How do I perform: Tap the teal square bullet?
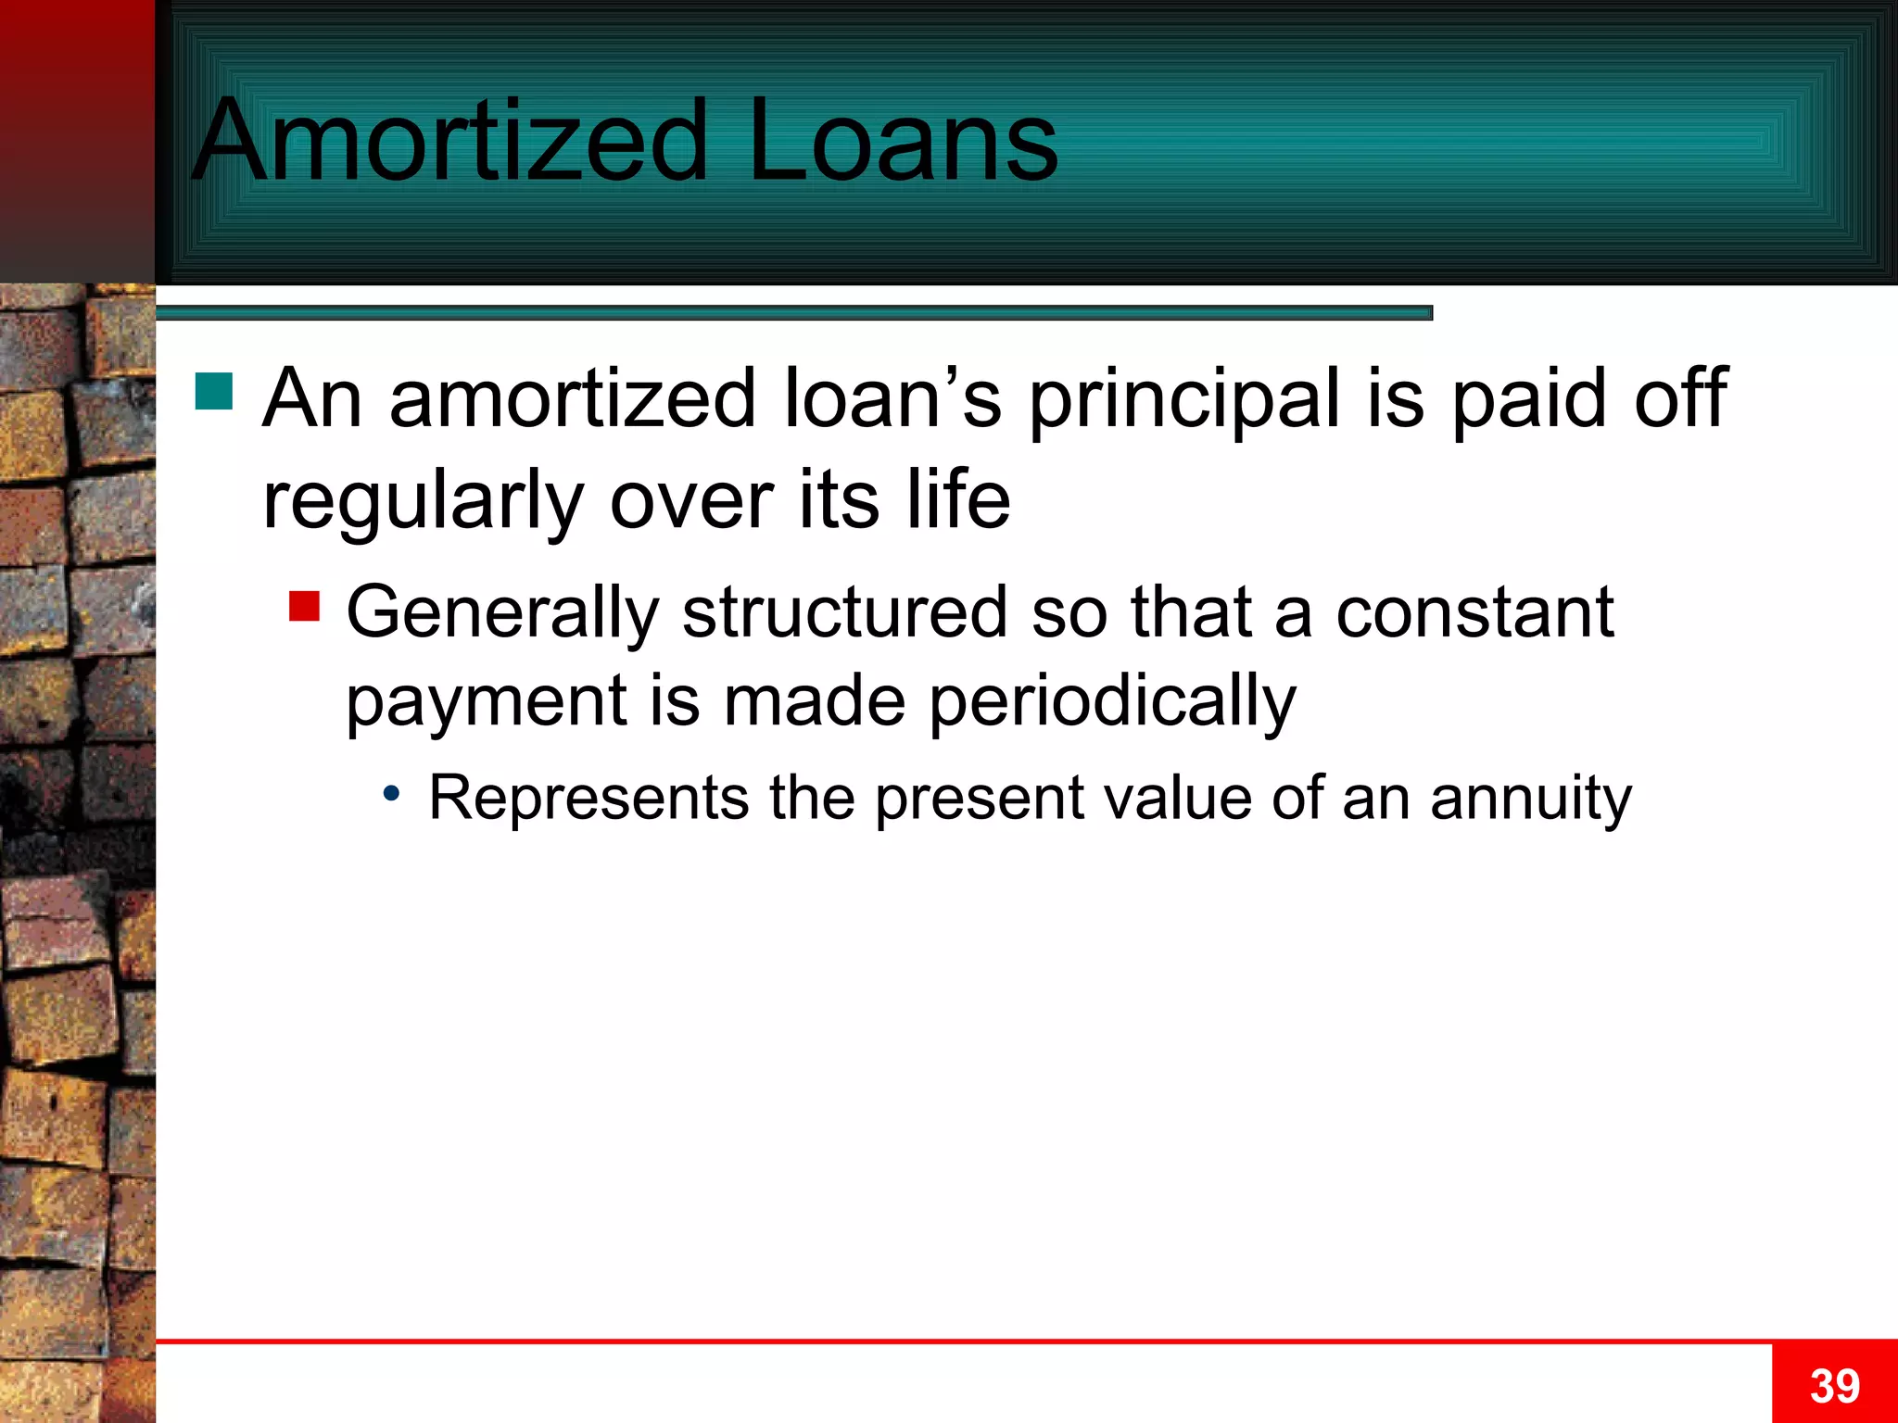pyautogui.click(x=214, y=391)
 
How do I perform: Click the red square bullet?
pyautogui.click(x=304, y=606)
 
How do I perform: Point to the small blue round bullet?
pyautogui.click(x=392, y=793)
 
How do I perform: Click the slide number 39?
pyautogui.click(x=1834, y=1386)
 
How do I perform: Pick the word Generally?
pyautogui.click(x=501, y=613)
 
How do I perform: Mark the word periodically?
pyautogui.click(x=1112, y=702)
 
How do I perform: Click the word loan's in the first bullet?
pyautogui.click(x=892, y=398)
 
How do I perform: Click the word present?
pyautogui.click(x=980, y=799)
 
